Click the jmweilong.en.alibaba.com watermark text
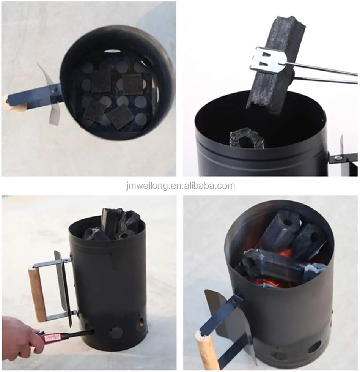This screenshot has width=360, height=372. coord(180,186)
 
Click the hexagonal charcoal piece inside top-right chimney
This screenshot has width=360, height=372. coord(247,138)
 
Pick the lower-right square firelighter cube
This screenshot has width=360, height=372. coord(120,117)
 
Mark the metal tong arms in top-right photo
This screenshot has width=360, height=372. coord(322,74)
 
